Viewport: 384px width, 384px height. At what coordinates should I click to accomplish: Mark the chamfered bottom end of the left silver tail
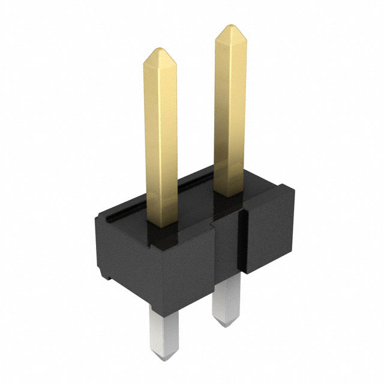(x=166, y=358)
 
